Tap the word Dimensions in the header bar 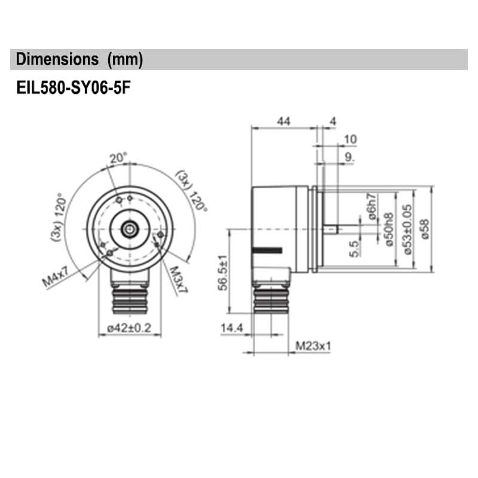coord(57,60)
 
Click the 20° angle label coord(118,158)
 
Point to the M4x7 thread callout coord(57,278)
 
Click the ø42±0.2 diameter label coord(130,327)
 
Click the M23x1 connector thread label coord(313,346)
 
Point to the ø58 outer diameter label coord(425,228)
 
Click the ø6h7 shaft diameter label coord(372,207)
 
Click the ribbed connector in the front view coord(130,297)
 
